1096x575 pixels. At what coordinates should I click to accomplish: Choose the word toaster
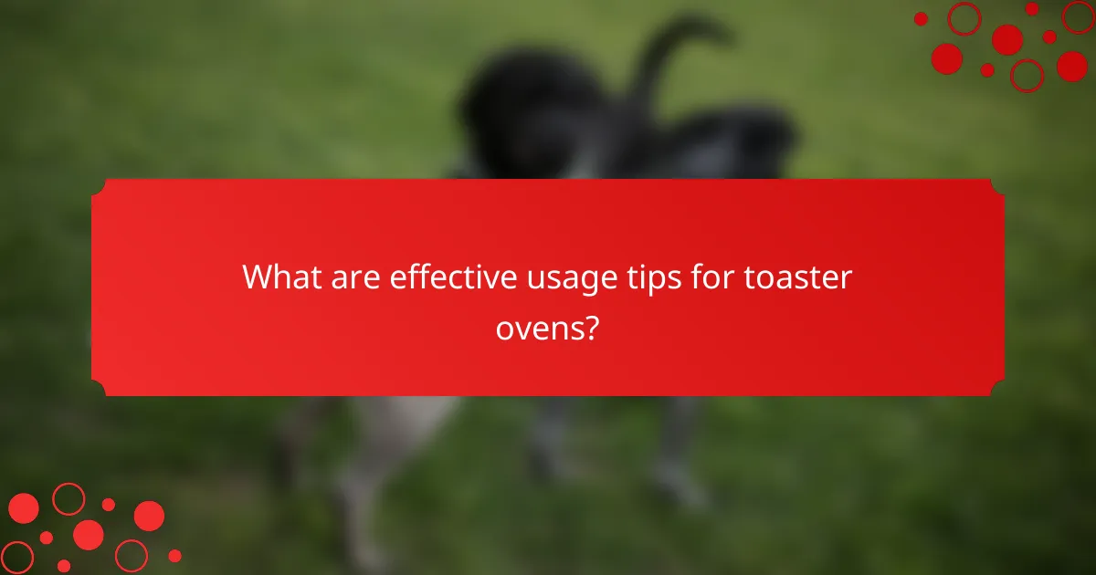point(796,277)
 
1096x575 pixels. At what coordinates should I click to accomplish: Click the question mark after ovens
point(592,327)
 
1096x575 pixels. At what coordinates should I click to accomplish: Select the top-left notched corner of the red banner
point(98,185)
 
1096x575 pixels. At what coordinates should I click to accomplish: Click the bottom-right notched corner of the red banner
point(998,390)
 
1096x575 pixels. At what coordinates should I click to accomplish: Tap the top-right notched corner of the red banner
point(998,185)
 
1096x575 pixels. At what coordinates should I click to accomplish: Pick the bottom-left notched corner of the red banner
point(98,390)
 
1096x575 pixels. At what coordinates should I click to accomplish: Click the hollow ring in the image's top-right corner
point(964,18)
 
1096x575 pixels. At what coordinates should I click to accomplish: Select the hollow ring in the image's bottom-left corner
point(16,557)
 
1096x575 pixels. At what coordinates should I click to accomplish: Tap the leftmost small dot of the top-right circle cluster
point(921,18)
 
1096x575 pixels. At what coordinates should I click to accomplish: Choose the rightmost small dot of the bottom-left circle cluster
point(174,555)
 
